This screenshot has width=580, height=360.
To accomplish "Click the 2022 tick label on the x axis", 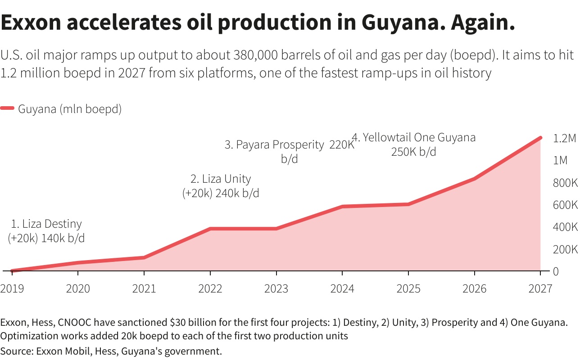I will [x=210, y=288].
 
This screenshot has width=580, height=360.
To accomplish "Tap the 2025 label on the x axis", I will [x=408, y=288].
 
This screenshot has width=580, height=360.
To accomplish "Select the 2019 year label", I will [x=12, y=288].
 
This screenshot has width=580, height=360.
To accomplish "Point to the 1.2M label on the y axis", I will [x=564, y=139].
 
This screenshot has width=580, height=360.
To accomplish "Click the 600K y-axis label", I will [x=565, y=205].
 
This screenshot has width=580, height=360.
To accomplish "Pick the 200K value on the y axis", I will [x=565, y=249].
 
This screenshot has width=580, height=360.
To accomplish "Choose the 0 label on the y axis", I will [x=556, y=271].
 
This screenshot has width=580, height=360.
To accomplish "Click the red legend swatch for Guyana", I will [x=8, y=109].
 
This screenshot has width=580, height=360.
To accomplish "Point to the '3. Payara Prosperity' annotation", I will [x=275, y=145].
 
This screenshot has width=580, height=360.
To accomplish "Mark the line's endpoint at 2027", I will [x=540, y=138].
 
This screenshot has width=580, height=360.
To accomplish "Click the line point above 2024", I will [x=342, y=207].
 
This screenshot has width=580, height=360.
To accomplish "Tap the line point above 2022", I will [x=210, y=229].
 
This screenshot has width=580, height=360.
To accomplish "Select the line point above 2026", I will [x=474, y=179].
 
